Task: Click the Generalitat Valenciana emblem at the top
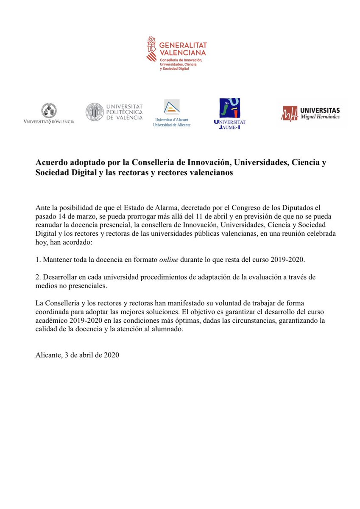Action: pos(151,49)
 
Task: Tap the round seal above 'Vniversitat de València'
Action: pos(49,110)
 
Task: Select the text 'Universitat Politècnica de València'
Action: pos(124,112)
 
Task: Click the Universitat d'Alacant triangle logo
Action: pos(172,107)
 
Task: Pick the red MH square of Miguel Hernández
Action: pos(290,113)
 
